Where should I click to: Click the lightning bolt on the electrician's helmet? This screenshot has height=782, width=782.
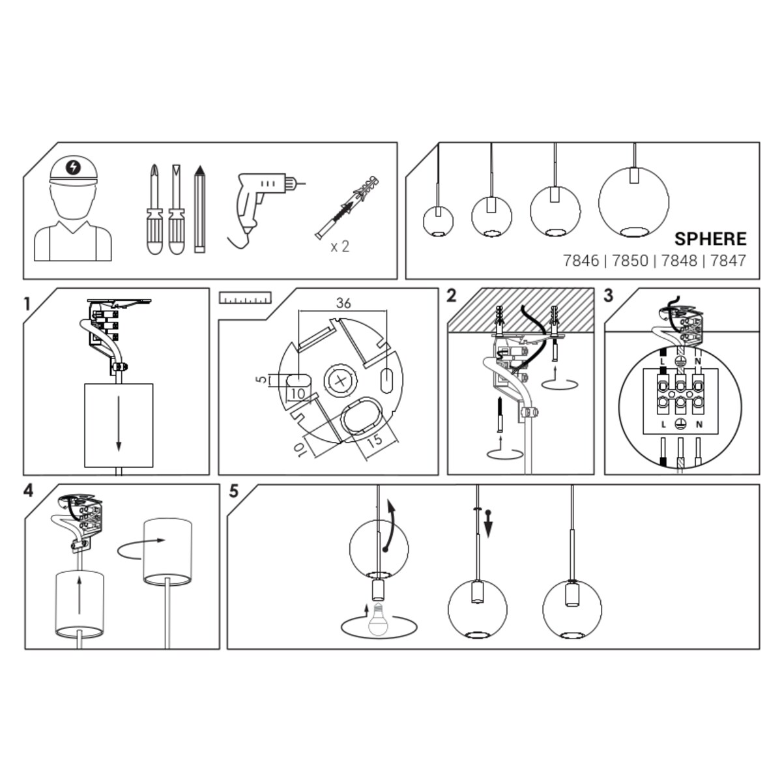pyautogui.click(x=74, y=166)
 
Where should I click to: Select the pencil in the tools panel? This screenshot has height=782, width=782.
pyautogui.click(x=199, y=209)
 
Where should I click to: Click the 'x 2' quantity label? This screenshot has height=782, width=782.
pyautogui.click(x=340, y=246)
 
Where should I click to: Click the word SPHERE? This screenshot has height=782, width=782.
pyautogui.click(x=710, y=239)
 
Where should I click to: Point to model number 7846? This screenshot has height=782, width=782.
pyautogui.click(x=581, y=261)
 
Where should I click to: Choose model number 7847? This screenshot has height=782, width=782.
pyautogui.click(x=728, y=261)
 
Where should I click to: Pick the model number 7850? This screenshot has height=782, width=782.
pyautogui.click(x=630, y=261)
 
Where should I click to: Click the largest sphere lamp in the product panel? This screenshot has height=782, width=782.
pyautogui.click(x=633, y=201)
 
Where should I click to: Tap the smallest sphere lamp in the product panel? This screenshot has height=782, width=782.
pyautogui.click(x=439, y=221)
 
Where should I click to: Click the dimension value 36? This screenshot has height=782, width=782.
pyautogui.click(x=343, y=303)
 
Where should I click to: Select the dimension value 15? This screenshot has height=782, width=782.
pyautogui.click(x=375, y=441)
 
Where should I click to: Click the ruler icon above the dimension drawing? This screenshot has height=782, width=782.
pyautogui.click(x=245, y=297)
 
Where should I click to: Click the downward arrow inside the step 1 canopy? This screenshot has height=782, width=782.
pyautogui.click(x=119, y=424)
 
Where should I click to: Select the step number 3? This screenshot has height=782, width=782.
pyautogui.click(x=608, y=296)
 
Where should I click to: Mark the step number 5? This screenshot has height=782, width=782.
pyautogui.click(x=234, y=491)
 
